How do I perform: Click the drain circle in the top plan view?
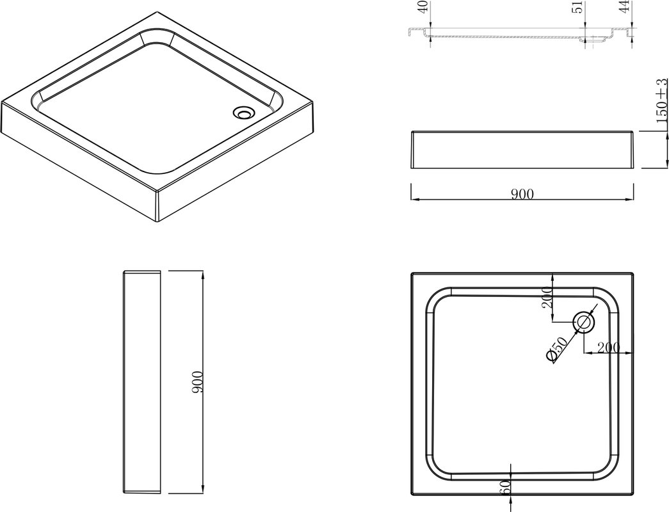584,322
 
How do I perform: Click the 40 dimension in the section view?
423,7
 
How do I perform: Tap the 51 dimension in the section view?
578,7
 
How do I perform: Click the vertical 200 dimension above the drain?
547,297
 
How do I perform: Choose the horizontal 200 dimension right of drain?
608,348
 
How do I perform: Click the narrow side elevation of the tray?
141,382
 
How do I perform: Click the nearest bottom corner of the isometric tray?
159,222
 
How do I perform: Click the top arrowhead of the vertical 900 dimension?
202,275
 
